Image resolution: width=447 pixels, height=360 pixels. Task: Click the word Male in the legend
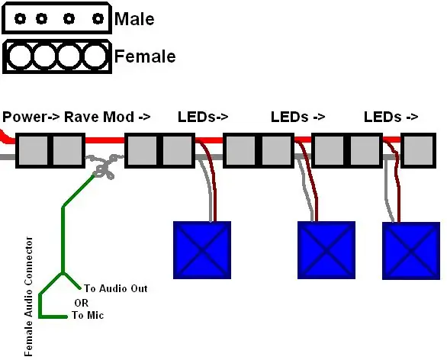(x=134, y=19)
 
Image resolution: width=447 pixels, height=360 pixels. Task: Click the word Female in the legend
(x=145, y=56)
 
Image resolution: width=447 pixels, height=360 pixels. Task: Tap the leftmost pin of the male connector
(x=21, y=19)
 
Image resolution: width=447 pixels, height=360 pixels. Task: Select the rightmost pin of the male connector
(x=98, y=19)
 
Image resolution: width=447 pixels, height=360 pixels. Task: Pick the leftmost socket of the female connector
(x=19, y=56)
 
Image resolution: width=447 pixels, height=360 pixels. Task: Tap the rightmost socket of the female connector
(x=95, y=56)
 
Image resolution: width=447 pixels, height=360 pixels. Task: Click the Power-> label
(x=31, y=117)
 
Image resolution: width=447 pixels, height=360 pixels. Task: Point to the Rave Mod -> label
(x=108, y=117)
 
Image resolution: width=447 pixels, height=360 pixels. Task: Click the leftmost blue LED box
(x=202, y=250)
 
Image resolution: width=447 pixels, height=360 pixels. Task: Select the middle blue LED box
(x=326, y=250)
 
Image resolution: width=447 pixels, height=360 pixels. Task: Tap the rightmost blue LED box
(x=411, y=250)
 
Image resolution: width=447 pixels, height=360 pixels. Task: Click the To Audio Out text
(x=116, y=288)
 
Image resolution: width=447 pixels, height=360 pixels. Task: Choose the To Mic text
(x=88, y=315)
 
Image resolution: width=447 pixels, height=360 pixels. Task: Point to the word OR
(x=82, y=303)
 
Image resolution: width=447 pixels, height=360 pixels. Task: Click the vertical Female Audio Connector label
(x=28, y=297)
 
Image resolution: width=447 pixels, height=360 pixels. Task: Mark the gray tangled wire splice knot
(x=105, y=167)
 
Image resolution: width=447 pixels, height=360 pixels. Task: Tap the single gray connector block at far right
(x=419, y=150)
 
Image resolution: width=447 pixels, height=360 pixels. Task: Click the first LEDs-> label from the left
(x=203, y=117)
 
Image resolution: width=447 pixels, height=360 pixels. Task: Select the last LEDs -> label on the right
(x=391, y=117)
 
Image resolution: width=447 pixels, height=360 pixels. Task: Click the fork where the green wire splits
(x=63, y=273)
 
